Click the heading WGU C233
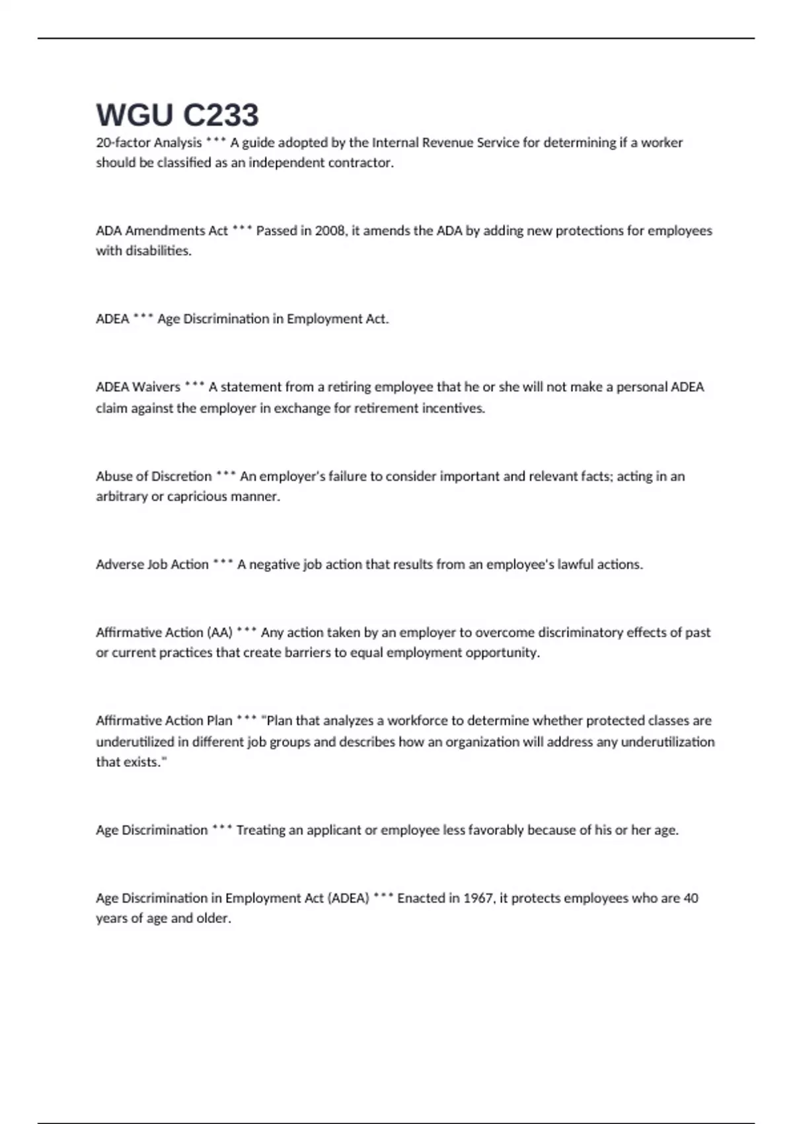177,115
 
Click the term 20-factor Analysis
149,143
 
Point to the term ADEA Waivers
137,387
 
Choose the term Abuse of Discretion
153,476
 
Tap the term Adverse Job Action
152,565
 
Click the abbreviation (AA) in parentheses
219,633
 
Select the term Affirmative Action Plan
164,721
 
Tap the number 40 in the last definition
691,899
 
